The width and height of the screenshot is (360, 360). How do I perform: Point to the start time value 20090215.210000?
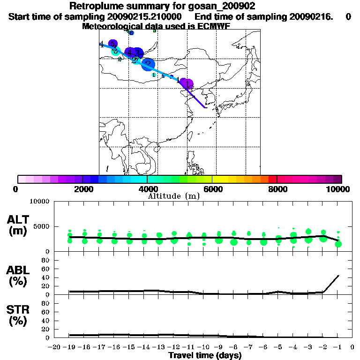click(x=145, y=16)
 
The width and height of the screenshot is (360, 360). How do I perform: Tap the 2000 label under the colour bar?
click(x=82, y=189)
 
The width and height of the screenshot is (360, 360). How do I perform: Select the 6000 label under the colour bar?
click(x=212, y=189)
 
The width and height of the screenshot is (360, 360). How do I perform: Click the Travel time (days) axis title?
click(x=205, y=356)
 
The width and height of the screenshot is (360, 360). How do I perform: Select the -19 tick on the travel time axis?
click(x=69, y=347)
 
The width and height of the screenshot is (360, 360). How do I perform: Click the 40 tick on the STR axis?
click(x=45, y=320)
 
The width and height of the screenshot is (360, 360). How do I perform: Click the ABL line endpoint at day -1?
click(x=338, y=276)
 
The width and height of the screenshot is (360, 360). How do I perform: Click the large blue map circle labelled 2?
click(x=148, y=64)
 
